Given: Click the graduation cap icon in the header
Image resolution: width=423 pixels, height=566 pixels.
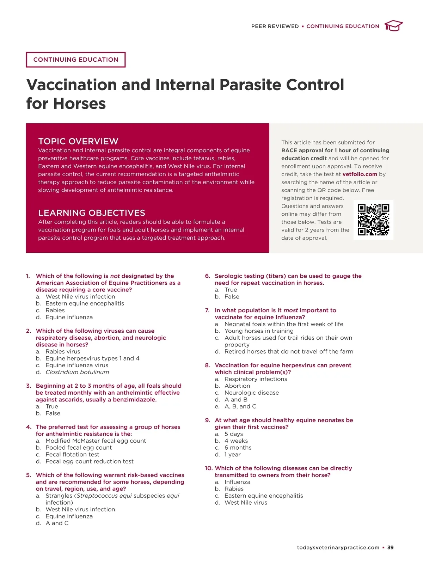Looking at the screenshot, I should click(x=393, y=26).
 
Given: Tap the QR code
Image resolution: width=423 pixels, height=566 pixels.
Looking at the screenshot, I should click(x=373, y=220).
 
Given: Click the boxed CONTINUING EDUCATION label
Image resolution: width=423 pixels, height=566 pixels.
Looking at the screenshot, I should click(x=76, y=60).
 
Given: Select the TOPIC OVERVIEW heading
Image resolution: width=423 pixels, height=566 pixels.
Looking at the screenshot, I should click(x=78, y=141).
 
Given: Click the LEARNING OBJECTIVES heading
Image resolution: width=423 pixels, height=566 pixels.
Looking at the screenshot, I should click(x=92, y=213).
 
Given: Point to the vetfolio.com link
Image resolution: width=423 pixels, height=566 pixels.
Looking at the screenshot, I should click(x=360, y=174).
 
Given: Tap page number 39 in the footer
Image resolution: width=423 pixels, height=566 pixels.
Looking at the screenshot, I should click(x=390, y=547).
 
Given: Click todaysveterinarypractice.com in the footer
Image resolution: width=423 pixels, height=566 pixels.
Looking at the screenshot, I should click(x=338, y=547).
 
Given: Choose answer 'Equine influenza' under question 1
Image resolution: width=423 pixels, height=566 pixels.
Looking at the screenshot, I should click(x=69, y=317).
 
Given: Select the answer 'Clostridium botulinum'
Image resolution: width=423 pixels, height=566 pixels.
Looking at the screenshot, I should click(x=77, y=372).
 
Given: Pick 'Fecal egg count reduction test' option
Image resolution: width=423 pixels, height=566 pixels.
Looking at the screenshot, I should click(x=90, y=461).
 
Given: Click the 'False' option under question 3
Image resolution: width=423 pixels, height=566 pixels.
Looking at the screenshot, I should click(x=53, y=413).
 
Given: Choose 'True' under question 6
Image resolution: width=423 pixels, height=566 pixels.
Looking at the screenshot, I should click(x=231, y=290).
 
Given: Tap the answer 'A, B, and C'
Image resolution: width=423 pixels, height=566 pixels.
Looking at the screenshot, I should click(x=240, y=406).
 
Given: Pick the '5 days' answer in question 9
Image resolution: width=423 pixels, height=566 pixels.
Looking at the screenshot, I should click(x=233, y=434).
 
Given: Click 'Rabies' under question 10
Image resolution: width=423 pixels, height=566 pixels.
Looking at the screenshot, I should click(x=234, y=489).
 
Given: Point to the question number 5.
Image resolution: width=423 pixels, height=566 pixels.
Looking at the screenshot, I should click(x=29, y=475).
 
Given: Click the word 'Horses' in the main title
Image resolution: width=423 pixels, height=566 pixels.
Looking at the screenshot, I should click(x=79, y=104).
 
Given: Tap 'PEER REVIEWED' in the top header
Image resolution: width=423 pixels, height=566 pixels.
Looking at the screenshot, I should click(x=275, y=26).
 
